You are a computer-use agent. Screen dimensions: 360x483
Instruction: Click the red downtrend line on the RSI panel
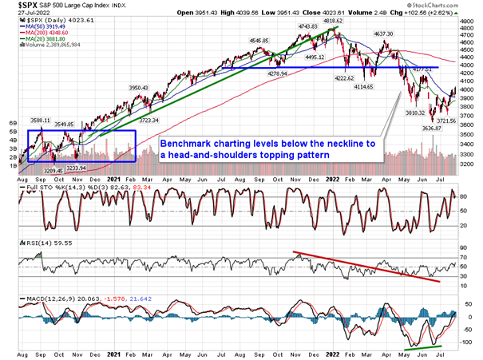(x=367, y=267)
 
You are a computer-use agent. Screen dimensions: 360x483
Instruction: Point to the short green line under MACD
(x=422, y=346)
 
